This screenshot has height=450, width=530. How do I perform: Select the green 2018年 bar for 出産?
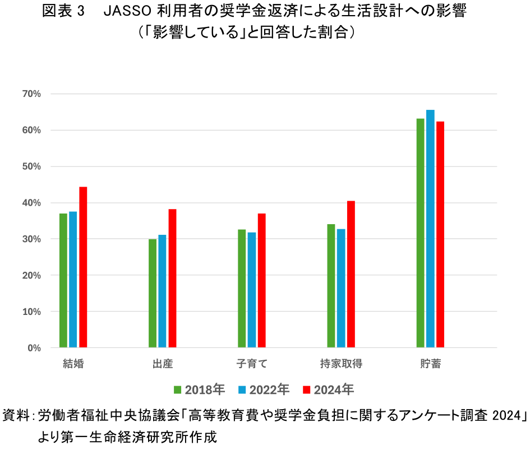pos(153,293)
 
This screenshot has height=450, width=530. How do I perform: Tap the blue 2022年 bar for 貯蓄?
pos(430,229)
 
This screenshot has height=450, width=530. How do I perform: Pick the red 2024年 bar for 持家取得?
pos(351,274)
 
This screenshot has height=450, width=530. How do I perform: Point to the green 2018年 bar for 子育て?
pos(242,288)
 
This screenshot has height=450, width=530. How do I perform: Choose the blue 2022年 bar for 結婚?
pos(73,279)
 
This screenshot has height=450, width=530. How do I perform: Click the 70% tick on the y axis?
pos(32,94)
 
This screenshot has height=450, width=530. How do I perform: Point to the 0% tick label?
pos(34,348)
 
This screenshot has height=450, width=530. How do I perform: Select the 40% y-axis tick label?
pos(32,203)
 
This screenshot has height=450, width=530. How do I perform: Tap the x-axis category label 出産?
pos(163,364)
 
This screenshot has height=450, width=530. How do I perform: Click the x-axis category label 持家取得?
pos(341,364)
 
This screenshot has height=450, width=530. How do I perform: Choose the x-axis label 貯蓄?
pos(430,364)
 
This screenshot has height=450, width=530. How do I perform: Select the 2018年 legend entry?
pos(200,389)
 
